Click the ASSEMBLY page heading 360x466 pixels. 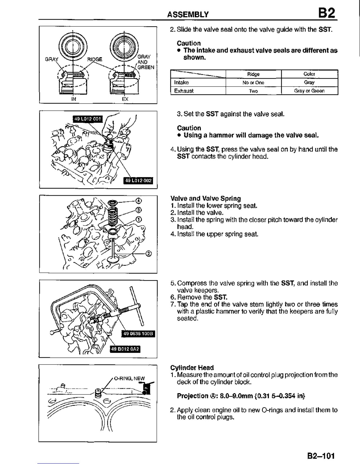[x=188, y=14]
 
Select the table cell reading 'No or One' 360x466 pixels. [x=253, y=83]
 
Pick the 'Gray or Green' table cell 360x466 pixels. [x=309, y=91]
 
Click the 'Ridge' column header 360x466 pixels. [x=253, y=74]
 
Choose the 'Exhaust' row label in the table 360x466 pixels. [x=184, y=91]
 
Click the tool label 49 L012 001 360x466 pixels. [x=88, y=119]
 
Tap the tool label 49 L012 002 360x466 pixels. [x=139, y=181]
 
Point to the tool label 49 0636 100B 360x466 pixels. [x=138, y=334]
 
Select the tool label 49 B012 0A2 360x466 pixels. [x=125, y=349]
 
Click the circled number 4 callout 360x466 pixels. [x=139, y=201]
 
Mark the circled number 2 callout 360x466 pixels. [x=149, y=254]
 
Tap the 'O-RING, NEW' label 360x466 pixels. [x=129, y=378]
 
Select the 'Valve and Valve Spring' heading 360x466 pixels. [x=206, y=199]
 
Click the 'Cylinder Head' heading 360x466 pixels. [x=192, y=368]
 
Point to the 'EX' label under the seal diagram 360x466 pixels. [x=125, y=99]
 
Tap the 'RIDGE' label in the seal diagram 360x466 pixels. [x=95, y=59]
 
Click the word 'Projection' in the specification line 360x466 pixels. [x=192, y=396]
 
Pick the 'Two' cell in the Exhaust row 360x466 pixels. [x=253, y=91]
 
